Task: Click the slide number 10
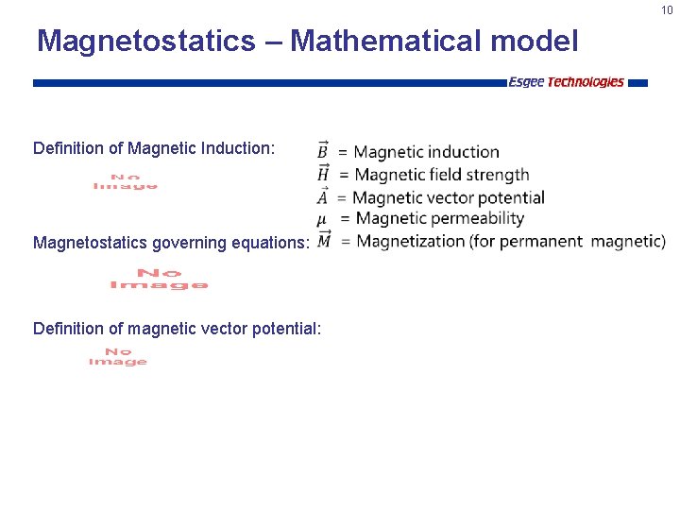pyautogui.click(x=667, y=10)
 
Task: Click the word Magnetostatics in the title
pyautogui.click(x=145, y=42)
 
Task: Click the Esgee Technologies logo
pyautogui.click(x=566, y=82)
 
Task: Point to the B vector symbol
pyautogui.click(x=323, y=150)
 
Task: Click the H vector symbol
pyautogui.click(x=323, y=173)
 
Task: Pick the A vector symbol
pyautogui.click(x=323, y=196)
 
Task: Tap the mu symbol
pyautogui.click(x=322, y=219)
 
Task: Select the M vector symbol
pyautogui.click(x=324, y=241)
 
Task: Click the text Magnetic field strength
pyautogui.click(x=441, y=174)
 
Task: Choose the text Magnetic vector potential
pyautogui.click(x=449, y=197)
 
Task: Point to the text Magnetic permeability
pyautogui.click(x=438, y=219)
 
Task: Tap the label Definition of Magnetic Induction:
pyautogui.click(x=154, y=148)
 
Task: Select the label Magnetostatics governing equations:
pyautogui.click(x=171, y=243)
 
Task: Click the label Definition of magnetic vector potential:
pyautogui.click(x=177, y=329)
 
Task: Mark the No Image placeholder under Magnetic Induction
pyautogui.click(x=126, y=181)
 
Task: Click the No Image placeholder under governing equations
pyautogui.click(x=159, y=279)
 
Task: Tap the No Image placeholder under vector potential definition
pyautogui.click(x=118, y=356)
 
